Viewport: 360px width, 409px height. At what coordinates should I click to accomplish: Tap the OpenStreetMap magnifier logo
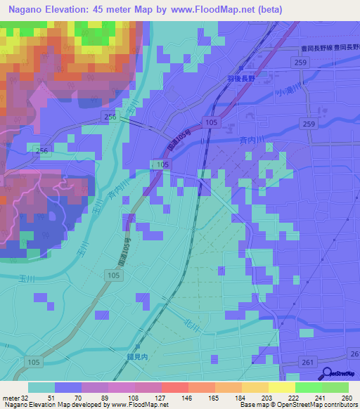(x=327, y=374)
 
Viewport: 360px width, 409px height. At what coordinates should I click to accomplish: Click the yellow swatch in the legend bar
(x=281, y=387)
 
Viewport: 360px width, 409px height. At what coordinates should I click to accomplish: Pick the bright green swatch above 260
(x=335, y=387)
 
